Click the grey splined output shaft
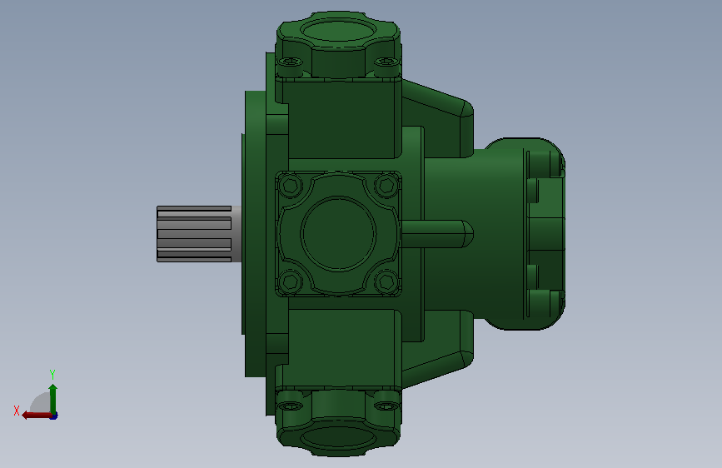pos(198,234)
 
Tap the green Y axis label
pos(52,374)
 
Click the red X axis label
pos(17,411)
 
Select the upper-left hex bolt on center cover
pos(291,185)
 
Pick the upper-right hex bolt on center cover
pos(386,185)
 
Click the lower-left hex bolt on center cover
pos(291,281)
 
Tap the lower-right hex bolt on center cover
pos(386,281)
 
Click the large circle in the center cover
pos(338,233)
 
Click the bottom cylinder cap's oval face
pos(338,436)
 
